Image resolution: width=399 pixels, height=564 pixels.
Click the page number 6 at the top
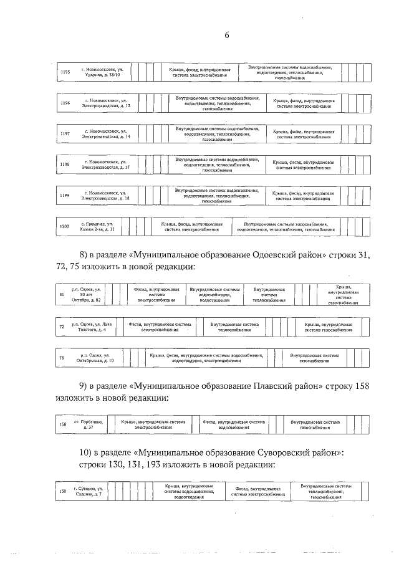point(228,36)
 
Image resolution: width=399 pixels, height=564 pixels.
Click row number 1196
point(65,103)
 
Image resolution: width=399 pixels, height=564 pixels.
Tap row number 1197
point(65,133)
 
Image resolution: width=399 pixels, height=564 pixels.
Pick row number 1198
point(65,165)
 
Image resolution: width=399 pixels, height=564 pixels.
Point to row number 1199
point(65,195)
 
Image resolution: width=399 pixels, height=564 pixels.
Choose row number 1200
point(64,226)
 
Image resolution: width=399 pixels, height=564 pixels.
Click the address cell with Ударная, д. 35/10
point(101,72)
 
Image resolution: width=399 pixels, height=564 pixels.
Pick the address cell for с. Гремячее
point(97,226)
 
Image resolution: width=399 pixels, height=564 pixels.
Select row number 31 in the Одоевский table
point(61,294)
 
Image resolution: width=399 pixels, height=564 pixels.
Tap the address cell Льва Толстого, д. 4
point(92,327)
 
